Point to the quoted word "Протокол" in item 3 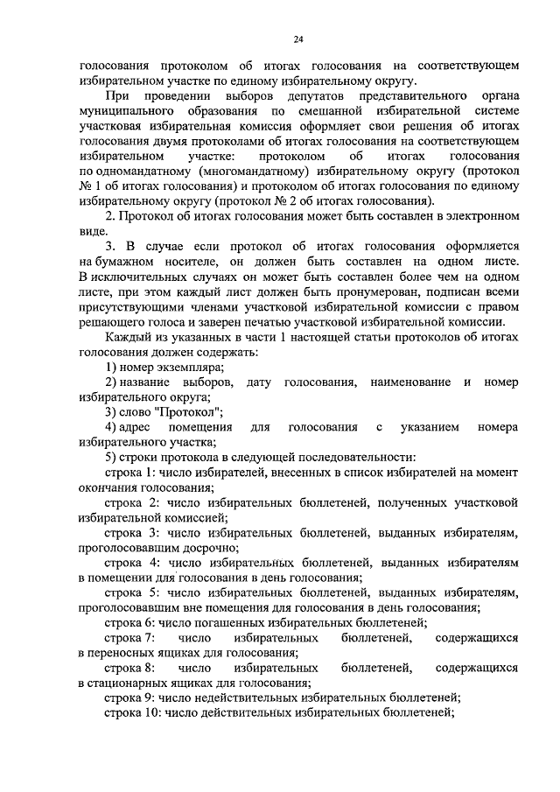tap(192, 410)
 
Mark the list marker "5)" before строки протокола tap(111, 458)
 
